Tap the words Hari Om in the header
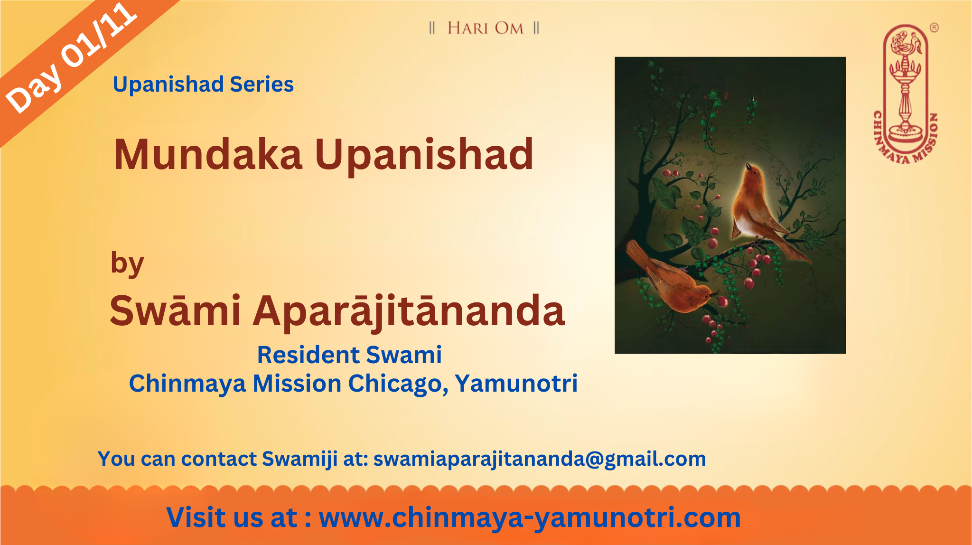coord(485,28)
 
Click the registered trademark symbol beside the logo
coord(934,28)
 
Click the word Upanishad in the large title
coord(424,156)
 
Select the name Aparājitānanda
coord(409,312)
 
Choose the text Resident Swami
coord(349,355)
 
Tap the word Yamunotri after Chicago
coord(516,383)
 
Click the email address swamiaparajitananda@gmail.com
coord(540,459)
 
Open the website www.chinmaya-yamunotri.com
coord(530,517)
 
